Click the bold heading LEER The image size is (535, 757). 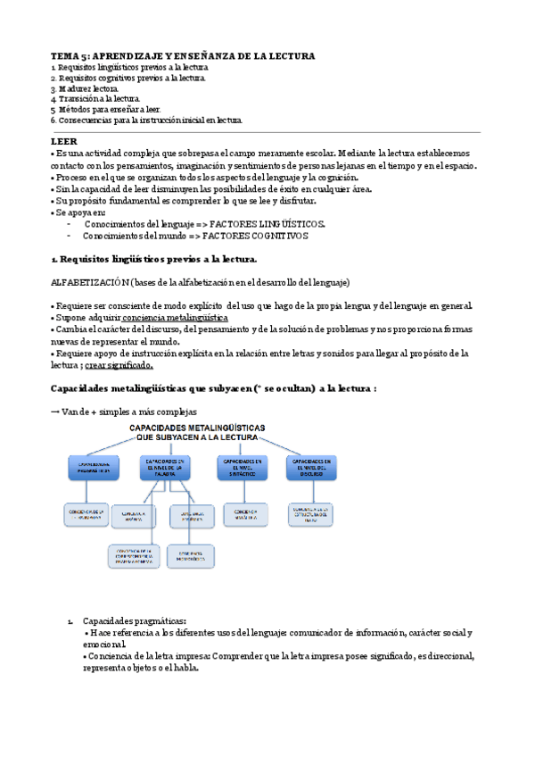click(64, 141)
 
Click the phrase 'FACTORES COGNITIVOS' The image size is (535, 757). click(255, 237)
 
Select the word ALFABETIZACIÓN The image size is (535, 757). click(90, 282)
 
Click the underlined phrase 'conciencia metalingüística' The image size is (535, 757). click(174, 318)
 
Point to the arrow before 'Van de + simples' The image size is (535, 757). click(55, 410)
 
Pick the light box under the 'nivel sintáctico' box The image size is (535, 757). click(241, 512)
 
